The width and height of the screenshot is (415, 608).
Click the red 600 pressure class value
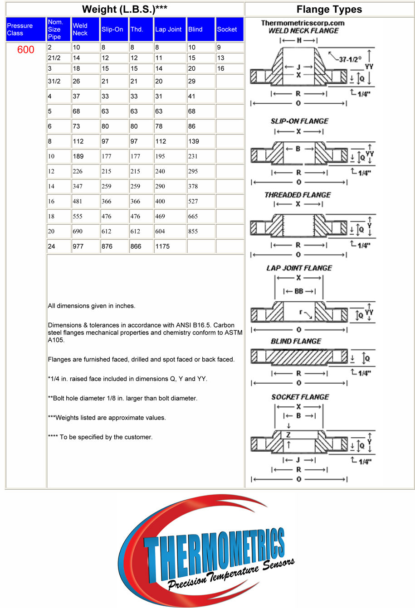[x=25, y=50]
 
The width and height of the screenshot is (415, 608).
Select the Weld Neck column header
[x=80, y=29]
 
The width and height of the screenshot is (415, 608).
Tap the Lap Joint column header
[x=168, y=29]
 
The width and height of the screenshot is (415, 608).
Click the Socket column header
[x=227, y=29]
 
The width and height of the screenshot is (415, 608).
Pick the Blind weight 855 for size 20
[x=193, y=232]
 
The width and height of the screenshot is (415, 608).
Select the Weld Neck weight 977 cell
[x=78, y=246]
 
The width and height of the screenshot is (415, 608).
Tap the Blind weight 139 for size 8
[x=194, y=141]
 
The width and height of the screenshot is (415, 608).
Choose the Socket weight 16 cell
[x=221, y=68]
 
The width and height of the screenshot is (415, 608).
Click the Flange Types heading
[x=329, y=10]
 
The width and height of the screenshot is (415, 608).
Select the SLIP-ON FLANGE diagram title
[x=299, y=121]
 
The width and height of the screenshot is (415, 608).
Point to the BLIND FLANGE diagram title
[x=296, y=341]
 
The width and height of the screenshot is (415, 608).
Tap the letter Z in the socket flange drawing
[x=288, y=435]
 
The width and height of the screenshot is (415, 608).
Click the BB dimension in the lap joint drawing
[x=299, y=291]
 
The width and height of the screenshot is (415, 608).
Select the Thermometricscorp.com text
[x=303, y=23]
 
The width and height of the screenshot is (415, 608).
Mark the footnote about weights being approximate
[x=107, y=418]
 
